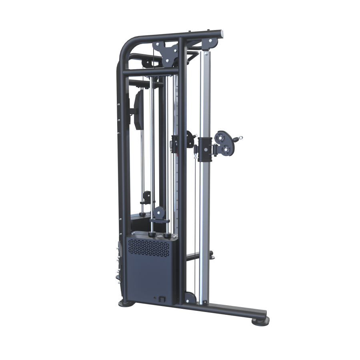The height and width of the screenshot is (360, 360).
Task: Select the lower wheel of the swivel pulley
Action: click(x=228, y=150)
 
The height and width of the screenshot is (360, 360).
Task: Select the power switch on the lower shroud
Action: click(x=162, y=298)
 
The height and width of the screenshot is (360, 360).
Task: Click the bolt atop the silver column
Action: click(x=205, y=53)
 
